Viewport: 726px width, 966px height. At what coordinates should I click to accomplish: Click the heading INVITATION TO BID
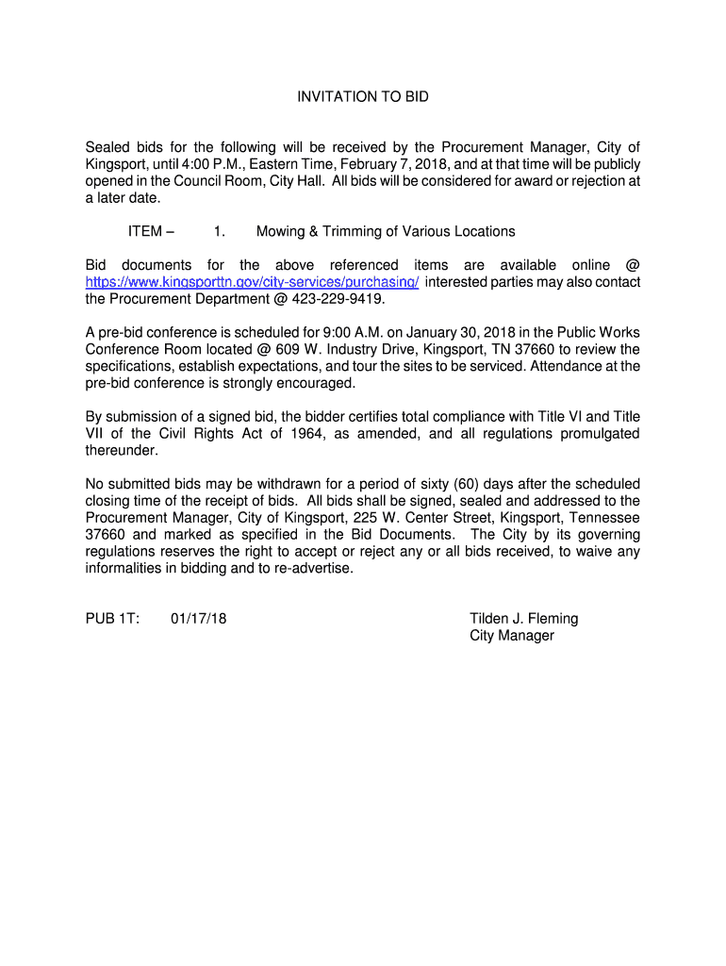(x=363, y=97)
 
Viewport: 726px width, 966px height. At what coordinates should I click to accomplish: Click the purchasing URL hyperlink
(x=252, y=282)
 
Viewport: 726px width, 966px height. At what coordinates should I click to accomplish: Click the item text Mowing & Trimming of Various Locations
(x=386, y=231)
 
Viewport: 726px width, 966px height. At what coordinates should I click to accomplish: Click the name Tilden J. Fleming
(x=523, y=619)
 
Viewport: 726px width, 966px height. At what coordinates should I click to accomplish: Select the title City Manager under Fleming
(x=512, y=636)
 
